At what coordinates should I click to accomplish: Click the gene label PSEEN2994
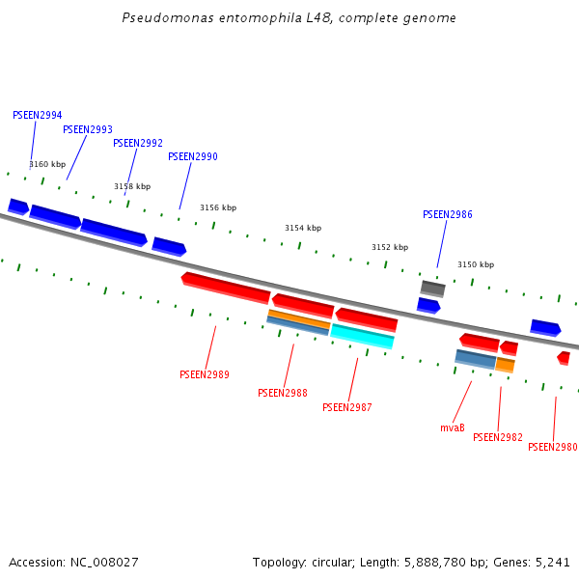(x=38, y=115)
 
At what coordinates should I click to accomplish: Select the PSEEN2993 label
(x=88, y=129)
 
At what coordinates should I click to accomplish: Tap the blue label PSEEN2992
(x=138, y=143)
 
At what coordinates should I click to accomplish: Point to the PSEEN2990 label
(x=193, y=156)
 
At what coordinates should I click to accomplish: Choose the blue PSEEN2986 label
(x=448, y=214)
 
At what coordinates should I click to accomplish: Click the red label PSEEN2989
(x=205, y=374)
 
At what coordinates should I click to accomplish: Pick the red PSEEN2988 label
(x=283, y=393)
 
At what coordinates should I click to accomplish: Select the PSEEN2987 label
(x=347, y=407)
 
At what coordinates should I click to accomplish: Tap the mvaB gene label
(x=453, y=427)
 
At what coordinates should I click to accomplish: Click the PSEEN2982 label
(x=498, y=437)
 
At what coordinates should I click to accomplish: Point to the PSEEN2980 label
(x=553, y=447)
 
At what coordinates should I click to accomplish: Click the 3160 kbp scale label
(x=47, y=164)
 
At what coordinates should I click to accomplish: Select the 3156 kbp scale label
(x=218, y=207)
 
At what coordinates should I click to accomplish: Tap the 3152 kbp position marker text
(x=390, y=247)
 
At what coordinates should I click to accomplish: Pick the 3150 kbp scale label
(x=476, y=264)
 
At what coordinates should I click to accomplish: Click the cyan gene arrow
(x=363, y=336)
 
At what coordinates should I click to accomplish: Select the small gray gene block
(x=432, y=288)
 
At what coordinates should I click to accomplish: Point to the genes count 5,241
(x=552, y=562)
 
